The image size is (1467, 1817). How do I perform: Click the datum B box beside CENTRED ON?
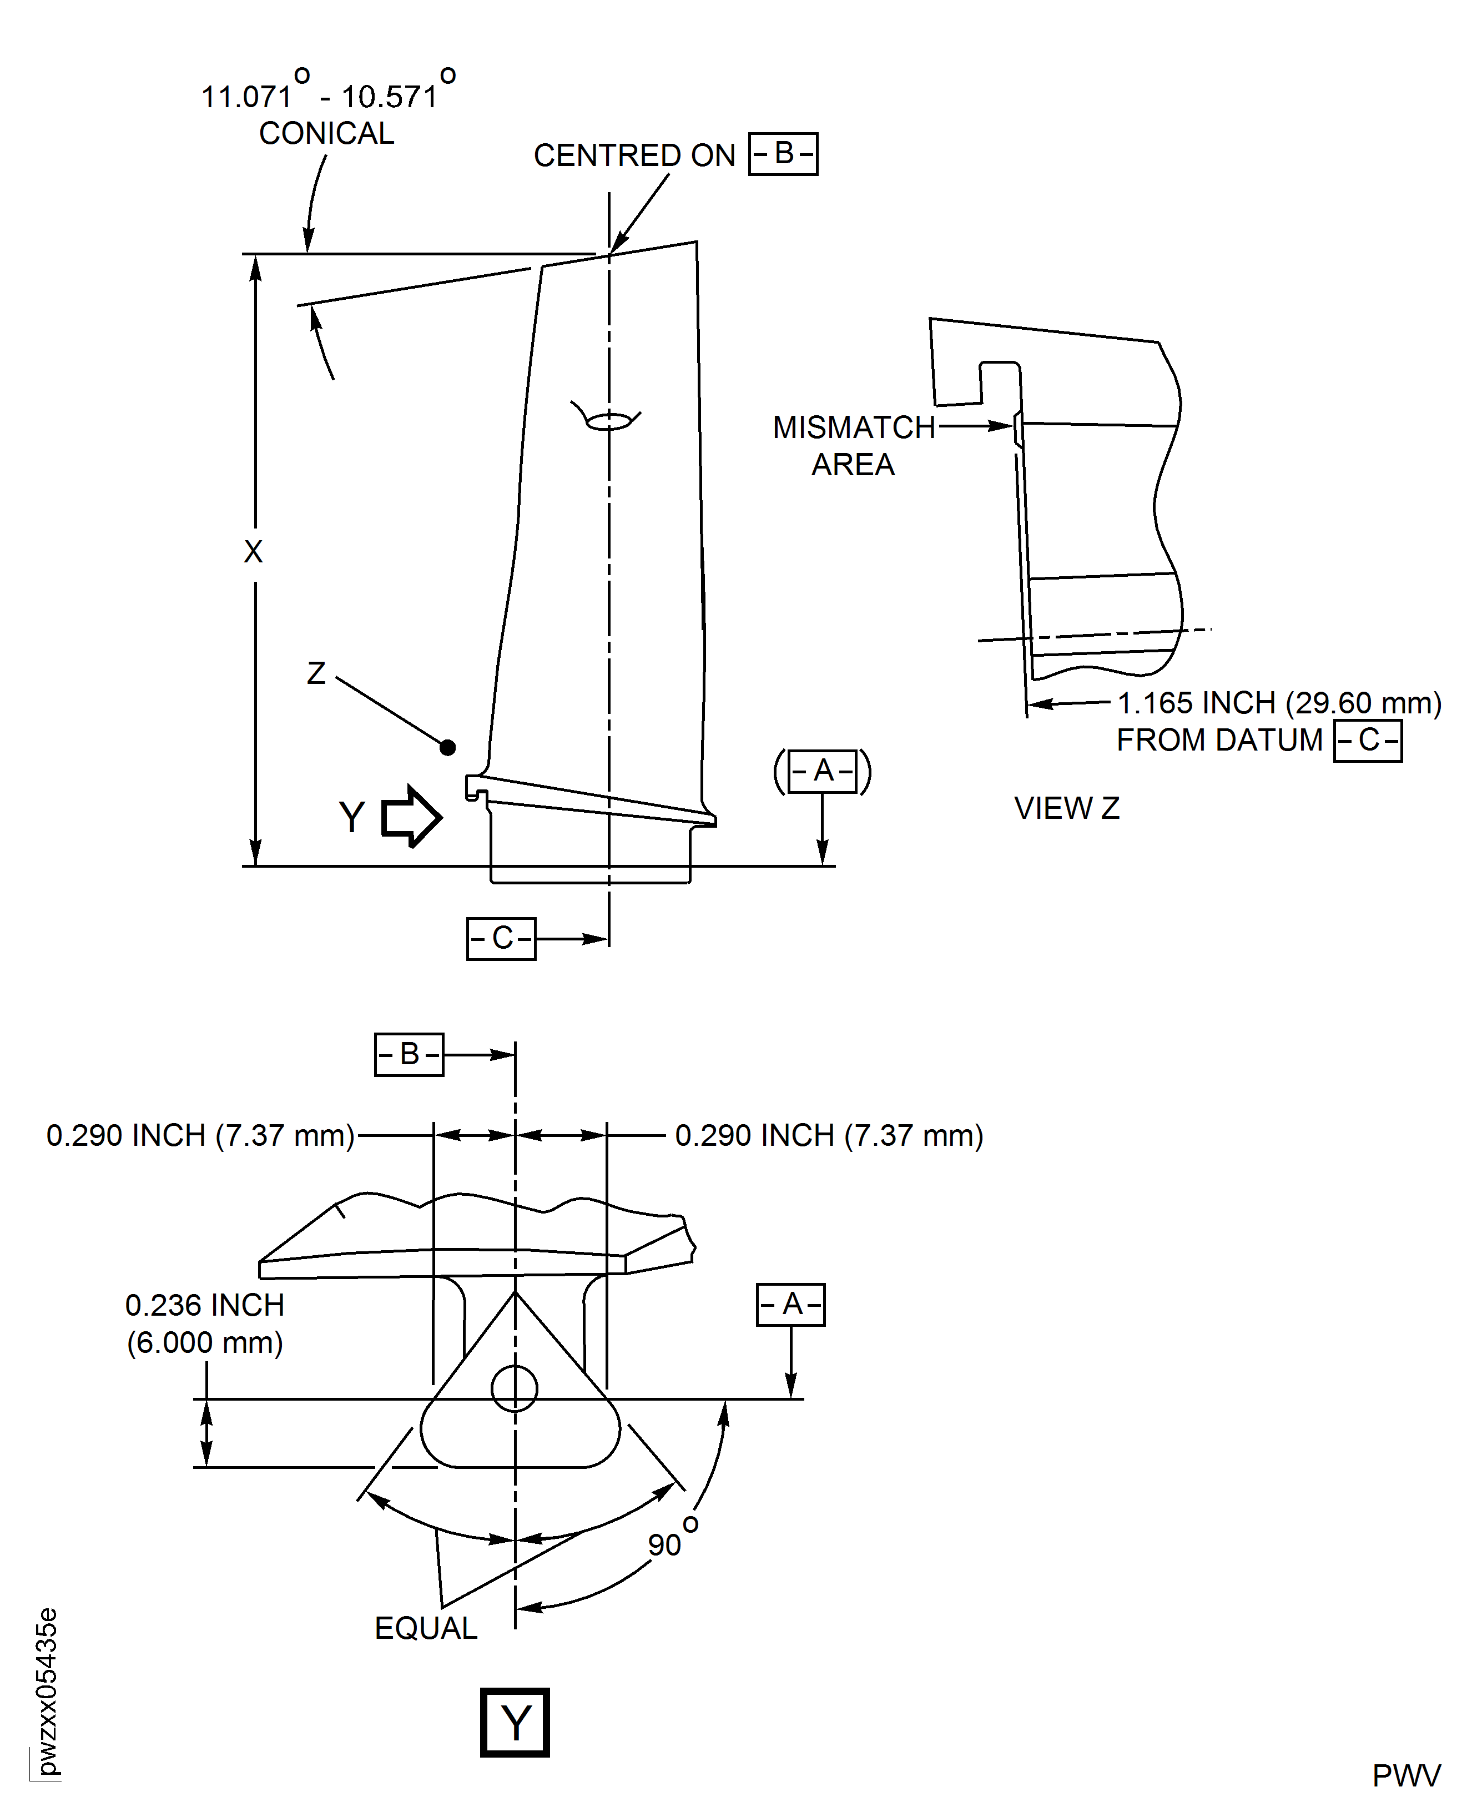tap(783, 154)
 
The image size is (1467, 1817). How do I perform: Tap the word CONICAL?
tap(326, 134)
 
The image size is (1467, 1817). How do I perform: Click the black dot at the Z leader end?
tap(448, 747)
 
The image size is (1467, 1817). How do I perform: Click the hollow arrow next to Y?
tap(411, 817)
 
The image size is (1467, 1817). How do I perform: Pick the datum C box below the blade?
tap(501, 938)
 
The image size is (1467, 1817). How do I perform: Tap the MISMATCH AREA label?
tap(854, 445)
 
